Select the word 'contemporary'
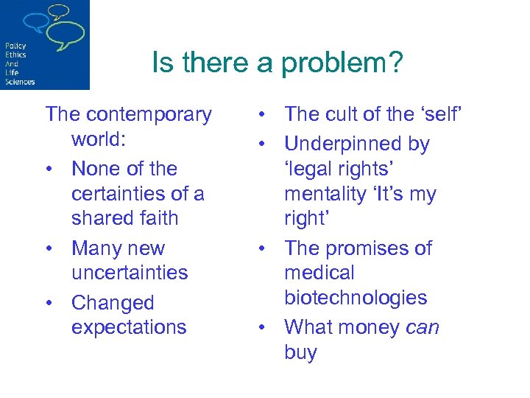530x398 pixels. (x=150, y=114)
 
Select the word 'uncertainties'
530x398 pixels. (x=130, y=273)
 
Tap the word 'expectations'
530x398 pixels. (x=129, y=327)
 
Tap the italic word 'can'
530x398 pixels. (x=423, y=327)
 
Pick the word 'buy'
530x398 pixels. (x=300, y=352)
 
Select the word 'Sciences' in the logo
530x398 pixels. (x=19, y=82)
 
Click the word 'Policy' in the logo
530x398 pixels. (x=15, y=46)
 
